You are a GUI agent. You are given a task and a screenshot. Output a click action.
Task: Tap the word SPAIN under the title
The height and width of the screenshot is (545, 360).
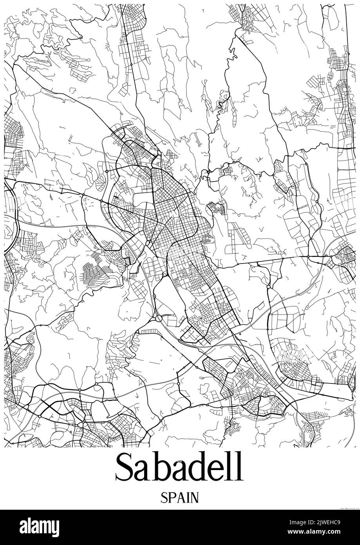(179, 498)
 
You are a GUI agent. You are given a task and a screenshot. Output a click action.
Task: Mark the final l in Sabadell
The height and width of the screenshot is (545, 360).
(239, 466)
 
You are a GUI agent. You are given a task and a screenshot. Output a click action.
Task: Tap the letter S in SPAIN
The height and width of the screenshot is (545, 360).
(164, 498)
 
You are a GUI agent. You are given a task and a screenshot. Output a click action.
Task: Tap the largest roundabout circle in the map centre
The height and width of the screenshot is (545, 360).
(159, 318)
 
